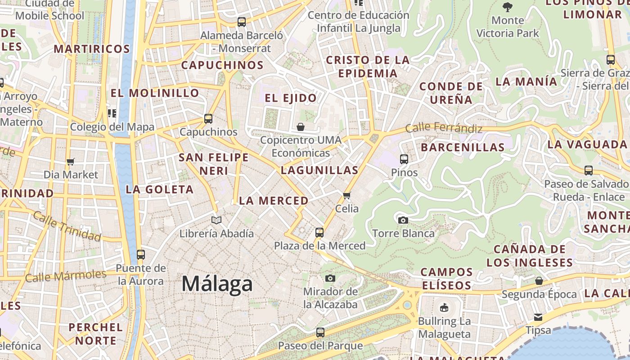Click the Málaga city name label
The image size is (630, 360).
coord(217,284)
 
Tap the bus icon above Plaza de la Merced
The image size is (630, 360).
coord(319,233)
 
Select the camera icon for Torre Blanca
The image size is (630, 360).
coord(403,220)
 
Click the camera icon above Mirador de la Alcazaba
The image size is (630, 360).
coord(330,278)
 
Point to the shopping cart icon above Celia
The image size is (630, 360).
coord(346,195)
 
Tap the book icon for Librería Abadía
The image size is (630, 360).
coord(216,220)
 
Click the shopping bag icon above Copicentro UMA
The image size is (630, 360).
coord(301,127)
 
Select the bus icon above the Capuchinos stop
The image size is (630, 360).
coord(208,119)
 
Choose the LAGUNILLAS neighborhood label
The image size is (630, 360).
coord(319,170)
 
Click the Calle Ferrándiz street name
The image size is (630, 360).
coord(444,128)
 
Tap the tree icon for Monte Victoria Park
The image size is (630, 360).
coord(508,7)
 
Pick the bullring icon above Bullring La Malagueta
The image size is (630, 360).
coord(444,308)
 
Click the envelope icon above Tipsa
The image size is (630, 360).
coord(538,317)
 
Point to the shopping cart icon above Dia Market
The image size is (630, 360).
coord(70,162)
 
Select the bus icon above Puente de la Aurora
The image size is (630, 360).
coord(141,255)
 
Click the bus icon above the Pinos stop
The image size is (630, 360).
coord(404,159)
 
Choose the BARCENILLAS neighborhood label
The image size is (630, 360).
coord(463,147)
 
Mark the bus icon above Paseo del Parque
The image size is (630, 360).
coord(320,333)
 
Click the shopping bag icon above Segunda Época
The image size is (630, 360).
coord(539,281)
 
